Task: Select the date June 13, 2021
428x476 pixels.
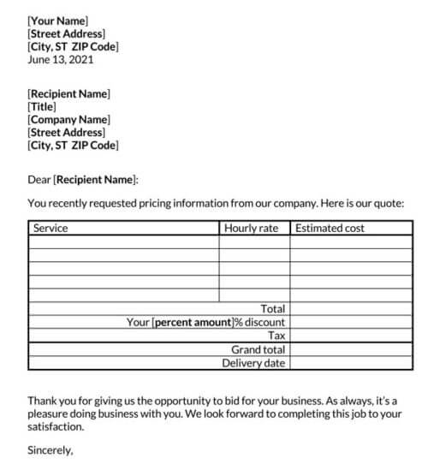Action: [x=61, y=60]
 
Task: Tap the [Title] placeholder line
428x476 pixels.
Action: [x=43, y=106]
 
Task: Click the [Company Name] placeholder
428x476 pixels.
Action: [x=68, y=120]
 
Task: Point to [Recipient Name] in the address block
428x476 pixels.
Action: [x=68, y=92]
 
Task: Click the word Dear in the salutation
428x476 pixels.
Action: [x=39, y=180]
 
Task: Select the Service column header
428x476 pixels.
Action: [x=50, y=228]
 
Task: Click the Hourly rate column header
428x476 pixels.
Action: [x=251, y=228]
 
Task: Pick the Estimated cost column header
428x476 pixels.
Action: [x=330, y=228]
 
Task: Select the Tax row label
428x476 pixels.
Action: [x=276, y=336]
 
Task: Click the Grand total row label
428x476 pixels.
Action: [x=258, y=349]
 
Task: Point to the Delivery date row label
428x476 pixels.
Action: [x=253, y=363]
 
